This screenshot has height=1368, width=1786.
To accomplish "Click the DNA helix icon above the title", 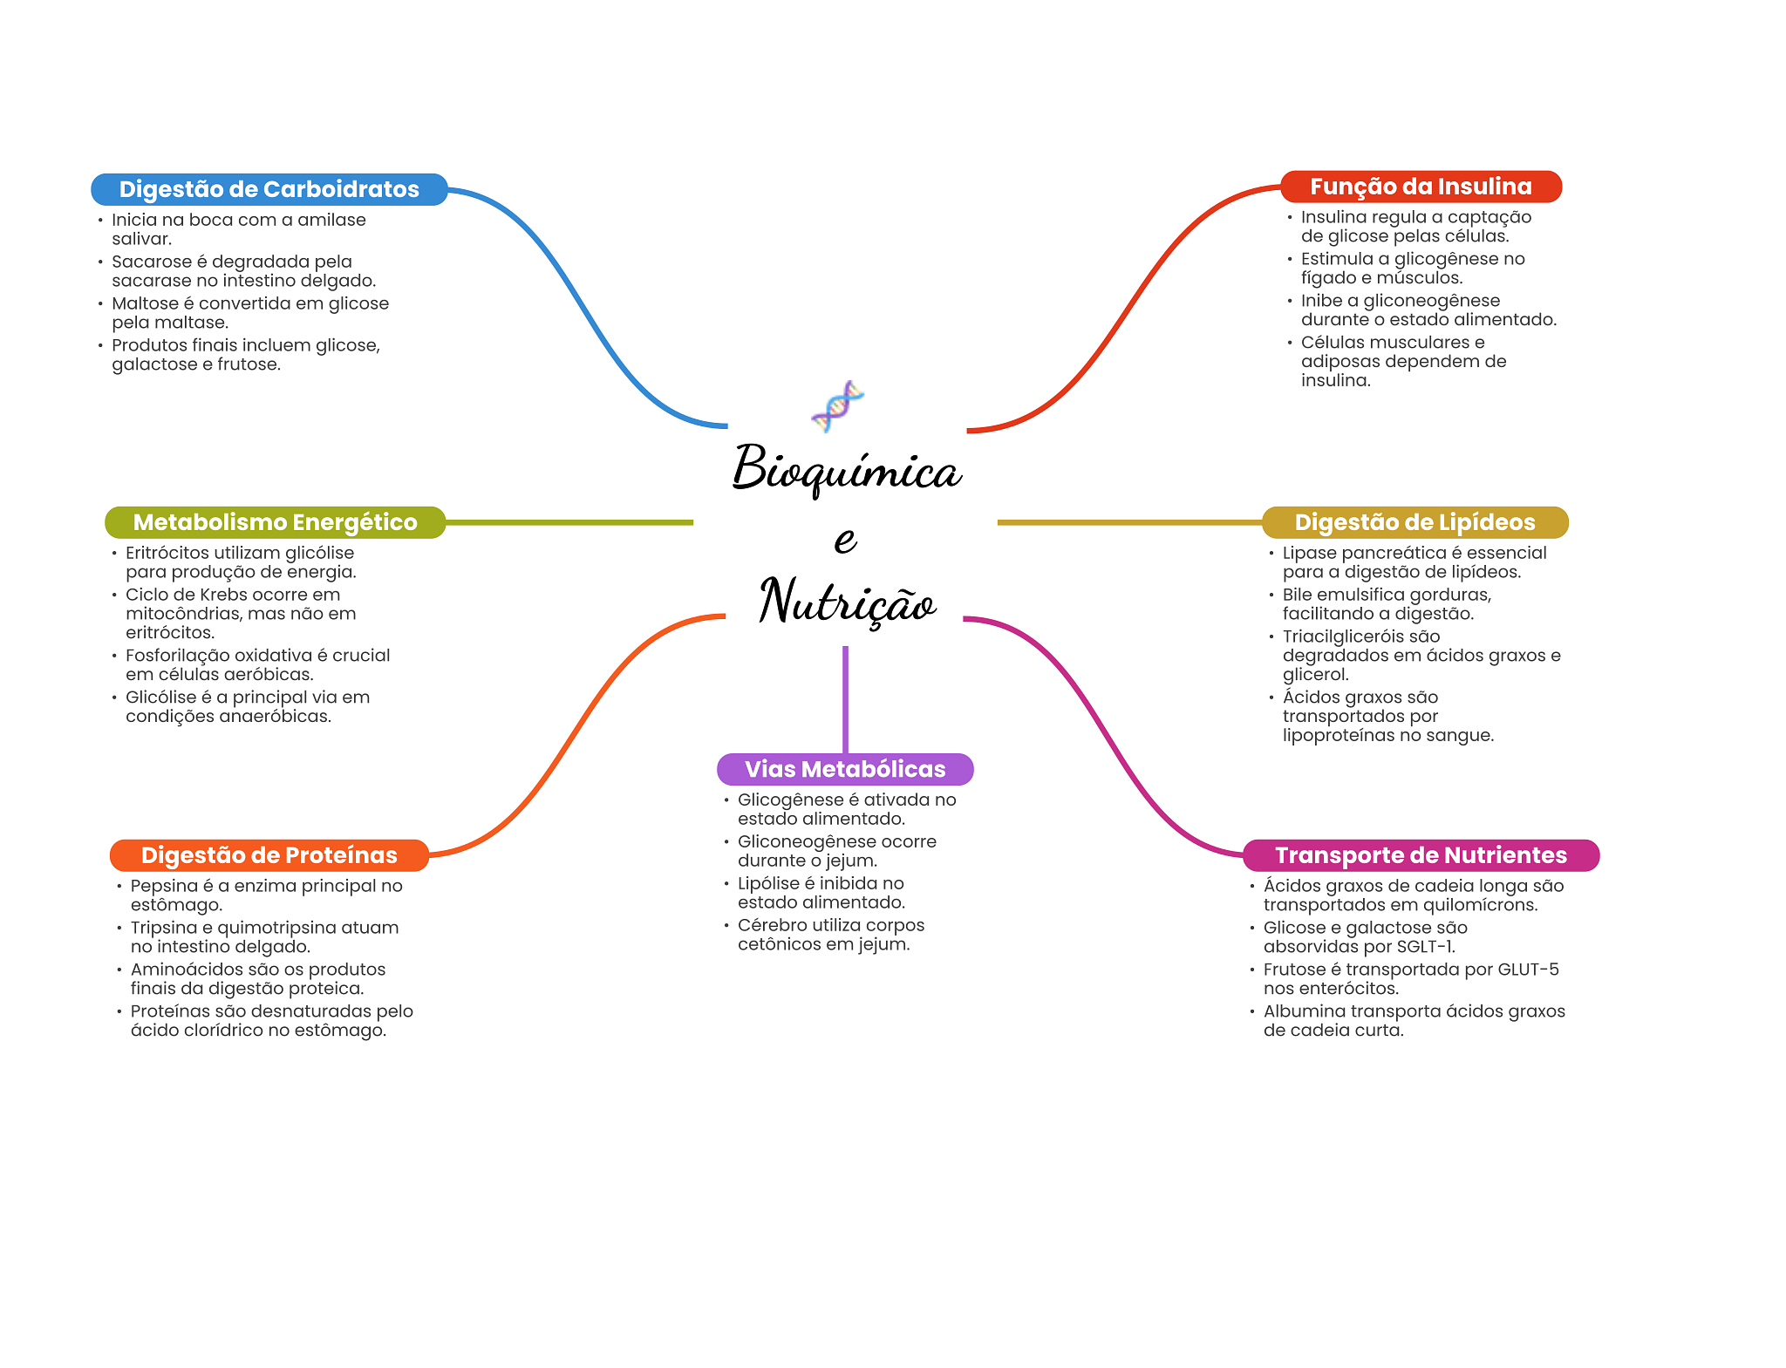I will click(837, 405).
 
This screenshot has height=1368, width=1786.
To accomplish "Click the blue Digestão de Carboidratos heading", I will click(269, 189).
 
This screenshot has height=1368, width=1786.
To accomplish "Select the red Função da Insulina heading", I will click(1421, 187).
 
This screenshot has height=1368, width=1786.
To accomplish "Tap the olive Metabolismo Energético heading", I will click(275, 522).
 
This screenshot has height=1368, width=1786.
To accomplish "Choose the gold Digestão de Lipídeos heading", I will click(1414, 522).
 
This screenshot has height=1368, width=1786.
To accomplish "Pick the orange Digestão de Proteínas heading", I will click(269, 855).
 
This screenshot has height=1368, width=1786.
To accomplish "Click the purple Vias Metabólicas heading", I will click(844, 769).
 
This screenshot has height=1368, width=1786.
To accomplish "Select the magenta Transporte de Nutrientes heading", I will click(1421, 855).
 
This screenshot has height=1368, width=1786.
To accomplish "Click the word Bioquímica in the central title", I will click(846, 469).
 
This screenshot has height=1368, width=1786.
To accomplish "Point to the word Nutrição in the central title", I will click(847, 602).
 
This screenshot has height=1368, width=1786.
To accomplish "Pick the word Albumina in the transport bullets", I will click(1304, 1011).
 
